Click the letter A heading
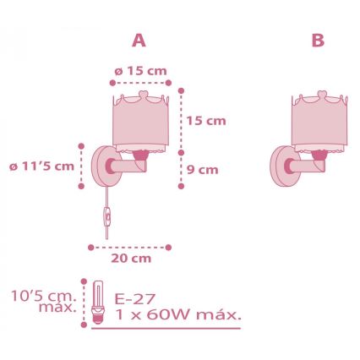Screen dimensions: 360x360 click(x=139, y=40)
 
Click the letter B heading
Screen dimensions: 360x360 click(x=318, y=40)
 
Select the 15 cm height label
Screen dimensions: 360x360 click(x=206, y=121)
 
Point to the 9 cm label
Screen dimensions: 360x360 click(x=202, y=169)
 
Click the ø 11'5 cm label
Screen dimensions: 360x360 click(x=41, y=166)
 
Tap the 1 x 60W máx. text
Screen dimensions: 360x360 click(x=177, y=315)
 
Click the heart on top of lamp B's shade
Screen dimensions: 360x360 click(x=321, y=92)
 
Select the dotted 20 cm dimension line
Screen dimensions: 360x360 click(x=130, y=247)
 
